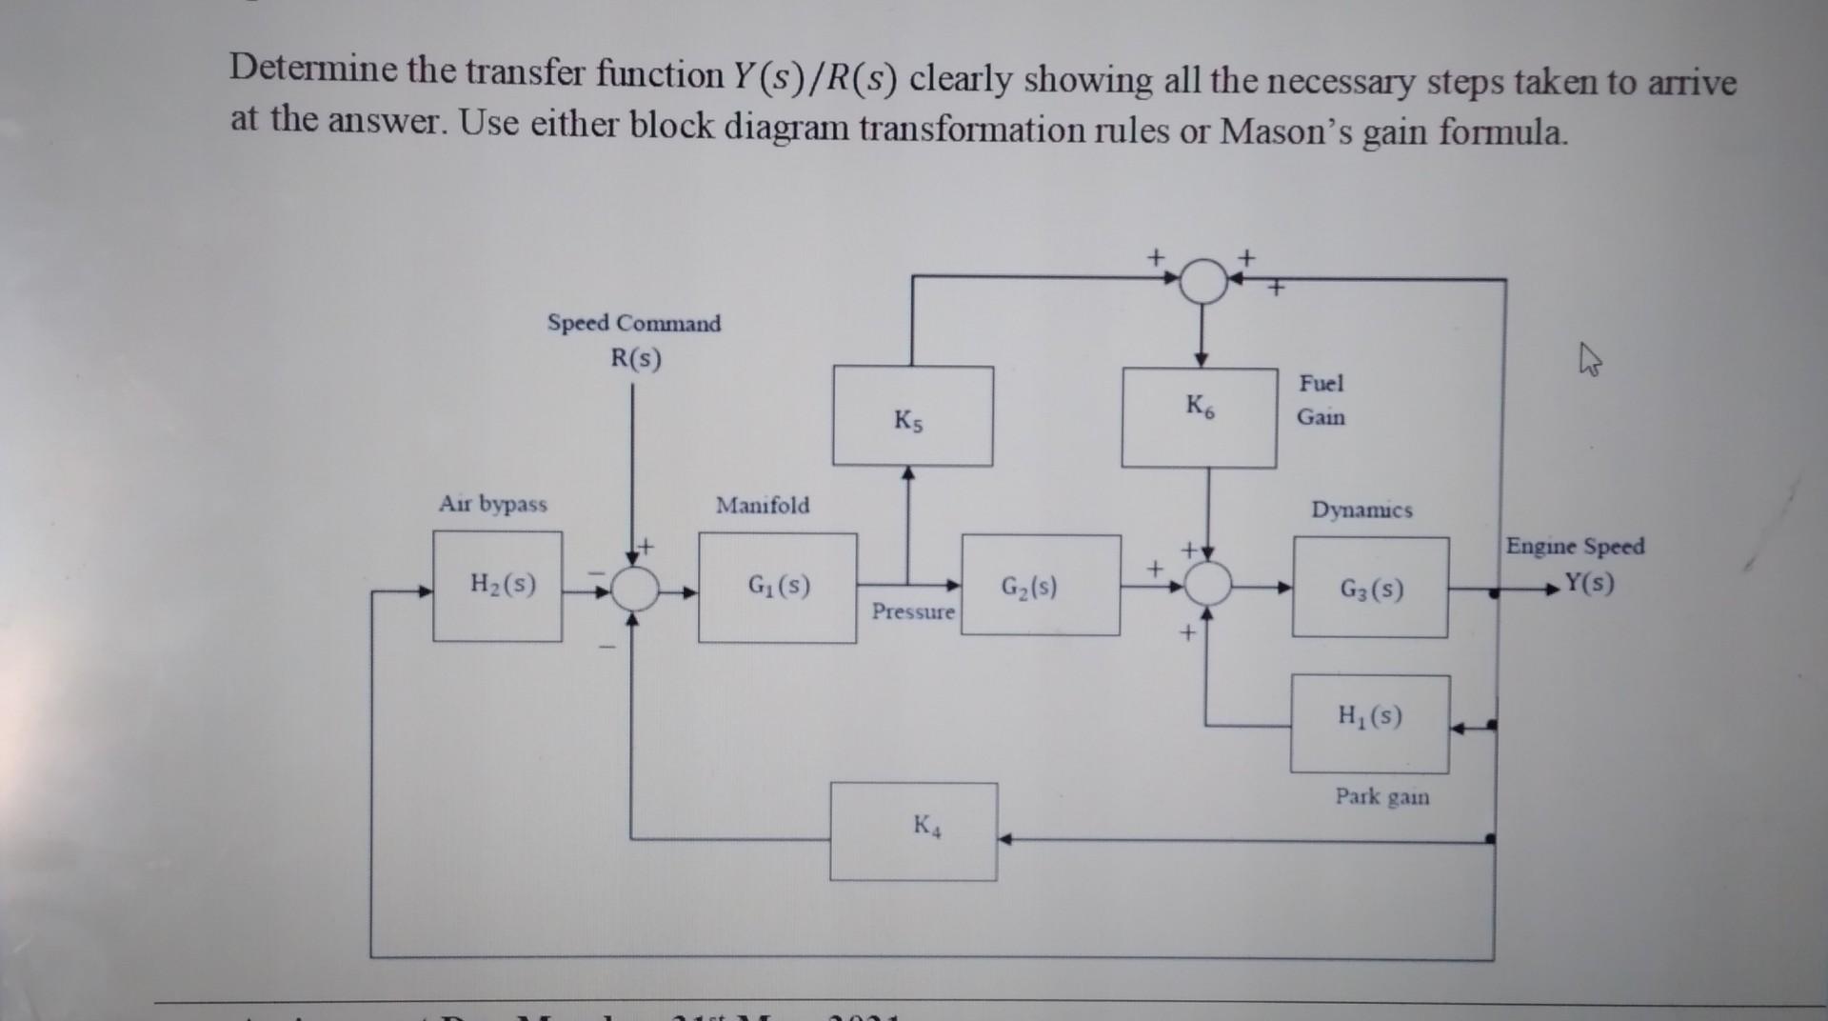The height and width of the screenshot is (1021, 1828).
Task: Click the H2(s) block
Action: (497, 586)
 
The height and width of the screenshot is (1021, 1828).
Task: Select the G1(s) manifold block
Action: (777, 587)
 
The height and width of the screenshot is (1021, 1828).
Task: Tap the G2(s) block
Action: (1040, 586)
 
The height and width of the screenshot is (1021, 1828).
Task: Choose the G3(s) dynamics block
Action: (1370, 588)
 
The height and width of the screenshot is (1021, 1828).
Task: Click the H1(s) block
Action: (1369, 724)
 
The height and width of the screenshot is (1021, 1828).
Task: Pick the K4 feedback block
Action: (913, 831)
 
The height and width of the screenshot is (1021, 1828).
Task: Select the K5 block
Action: (912, 416)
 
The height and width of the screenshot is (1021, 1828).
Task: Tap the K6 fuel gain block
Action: (1199, 417)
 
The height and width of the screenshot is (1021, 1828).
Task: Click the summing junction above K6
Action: (1203, 281)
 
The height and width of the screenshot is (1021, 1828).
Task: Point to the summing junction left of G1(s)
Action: (634, 588)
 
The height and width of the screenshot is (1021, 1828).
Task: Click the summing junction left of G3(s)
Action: (1207, 583)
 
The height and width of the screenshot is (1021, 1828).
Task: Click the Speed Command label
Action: (634, 323)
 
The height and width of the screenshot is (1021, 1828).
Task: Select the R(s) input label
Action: (635, 359)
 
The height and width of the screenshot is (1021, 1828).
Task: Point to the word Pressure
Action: (912, 611)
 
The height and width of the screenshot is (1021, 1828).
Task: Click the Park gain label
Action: (1381, 796)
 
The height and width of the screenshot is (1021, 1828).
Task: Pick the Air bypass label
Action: (492, 504)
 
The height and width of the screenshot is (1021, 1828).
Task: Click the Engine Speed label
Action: (1575, 547)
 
